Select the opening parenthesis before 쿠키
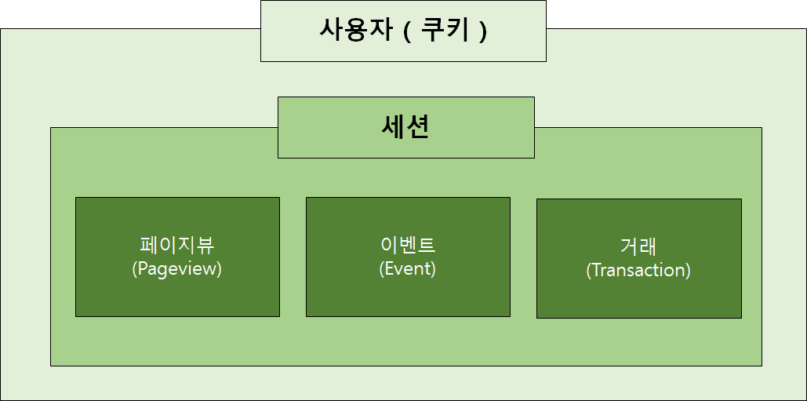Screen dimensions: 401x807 point(407,31)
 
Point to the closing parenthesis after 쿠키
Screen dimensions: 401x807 point(484,31)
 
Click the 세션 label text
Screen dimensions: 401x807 point(405,127)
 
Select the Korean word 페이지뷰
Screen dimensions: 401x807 point(177,246)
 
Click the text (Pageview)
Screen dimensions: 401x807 point(177,268)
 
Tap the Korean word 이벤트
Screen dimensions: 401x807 point(407,246)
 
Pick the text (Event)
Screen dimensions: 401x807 point(407,268)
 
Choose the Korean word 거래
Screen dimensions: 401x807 point(638,247)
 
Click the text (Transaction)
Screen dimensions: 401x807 point(638,270)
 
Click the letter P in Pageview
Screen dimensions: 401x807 point(142,268)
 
